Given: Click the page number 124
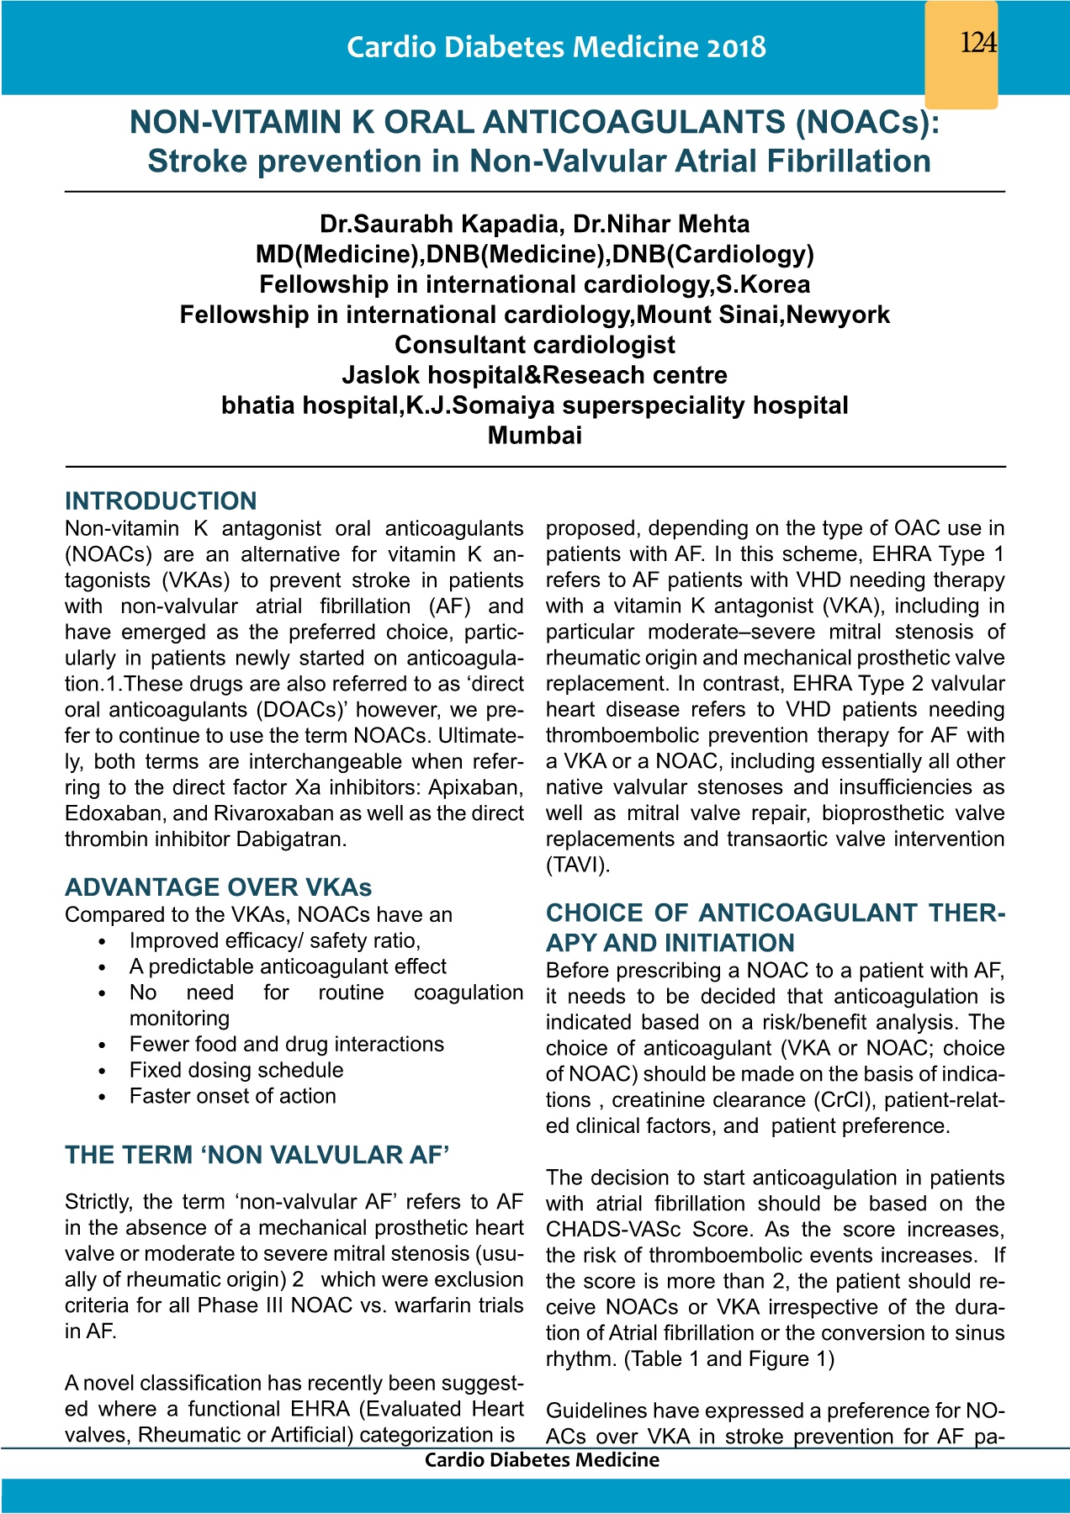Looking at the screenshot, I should (x=977, y=42).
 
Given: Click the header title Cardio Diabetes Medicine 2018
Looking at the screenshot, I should (x=556, y=47).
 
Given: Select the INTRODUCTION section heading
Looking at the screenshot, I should (x=161, y=501).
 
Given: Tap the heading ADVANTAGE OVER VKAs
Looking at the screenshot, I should (x=218, y=887).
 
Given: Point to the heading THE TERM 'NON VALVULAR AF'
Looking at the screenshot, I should (x=257, y=1155).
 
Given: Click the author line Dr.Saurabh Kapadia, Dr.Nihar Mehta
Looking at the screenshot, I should (x=534, y=224).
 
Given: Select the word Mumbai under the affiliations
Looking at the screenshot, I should (x=534, y=436).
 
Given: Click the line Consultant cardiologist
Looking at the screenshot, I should (x=534, y=345).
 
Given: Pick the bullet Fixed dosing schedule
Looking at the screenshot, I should (x=236, y=1070).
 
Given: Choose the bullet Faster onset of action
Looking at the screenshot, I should (x=232, y=1096).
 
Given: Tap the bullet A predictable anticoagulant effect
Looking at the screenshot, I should (x=288, y=966).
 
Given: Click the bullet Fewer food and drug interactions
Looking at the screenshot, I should (x=286, y=1044).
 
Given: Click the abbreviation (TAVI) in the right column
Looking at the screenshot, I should (x=579, y=865).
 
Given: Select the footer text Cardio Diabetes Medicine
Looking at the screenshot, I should (x=542, y=1460).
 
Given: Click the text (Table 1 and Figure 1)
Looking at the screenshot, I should (x=729, y=1359).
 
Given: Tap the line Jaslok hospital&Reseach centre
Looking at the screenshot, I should (x=534, y=375).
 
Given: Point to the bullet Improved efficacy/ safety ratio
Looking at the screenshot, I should (x=274, y=940).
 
